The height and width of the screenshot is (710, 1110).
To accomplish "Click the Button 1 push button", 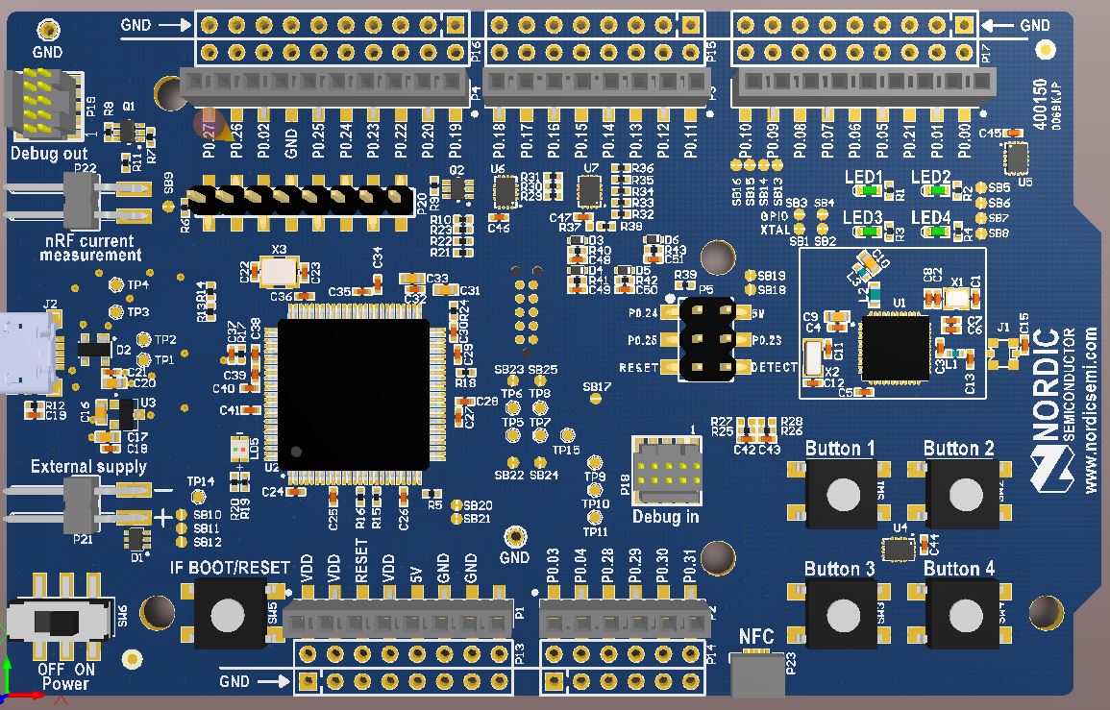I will click(843, 494).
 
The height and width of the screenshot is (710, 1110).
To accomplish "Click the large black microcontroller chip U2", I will click(353, 394).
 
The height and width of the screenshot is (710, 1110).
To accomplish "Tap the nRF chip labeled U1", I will click(894, 346).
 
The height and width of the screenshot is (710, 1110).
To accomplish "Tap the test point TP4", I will click(116, 285).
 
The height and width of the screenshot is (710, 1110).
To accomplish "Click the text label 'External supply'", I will click(88, 467).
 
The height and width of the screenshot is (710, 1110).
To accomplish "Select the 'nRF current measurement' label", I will click(90, 248).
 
